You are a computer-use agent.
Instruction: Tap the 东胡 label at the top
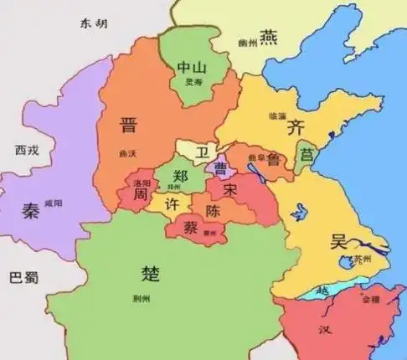95,23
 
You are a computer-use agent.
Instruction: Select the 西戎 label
27,152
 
